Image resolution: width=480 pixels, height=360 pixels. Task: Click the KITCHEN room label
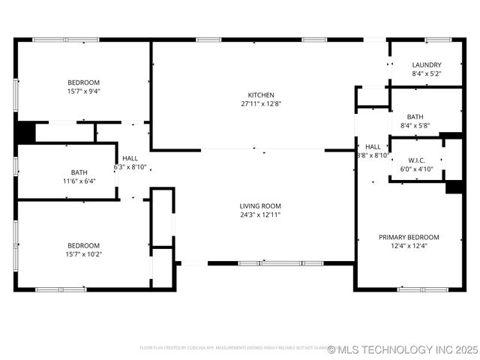point(261,95)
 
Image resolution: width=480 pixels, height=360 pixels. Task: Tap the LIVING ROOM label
point(260,205)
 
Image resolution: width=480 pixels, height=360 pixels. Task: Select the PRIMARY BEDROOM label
point(409,237)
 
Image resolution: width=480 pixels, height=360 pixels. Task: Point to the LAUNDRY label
point(426,65)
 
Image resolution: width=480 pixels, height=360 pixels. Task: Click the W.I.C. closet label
point(417,160)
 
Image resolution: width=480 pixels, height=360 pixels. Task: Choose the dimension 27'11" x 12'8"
point(261,104)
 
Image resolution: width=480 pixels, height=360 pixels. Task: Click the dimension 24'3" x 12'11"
point(260,214)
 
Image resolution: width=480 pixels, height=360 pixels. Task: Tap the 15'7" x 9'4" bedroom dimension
point(83,91)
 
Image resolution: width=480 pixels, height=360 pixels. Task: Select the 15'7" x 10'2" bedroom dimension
point(83,254)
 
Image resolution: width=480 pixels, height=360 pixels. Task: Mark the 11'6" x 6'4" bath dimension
point(79,181)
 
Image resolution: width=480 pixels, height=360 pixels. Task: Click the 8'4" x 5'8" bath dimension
point(415,126)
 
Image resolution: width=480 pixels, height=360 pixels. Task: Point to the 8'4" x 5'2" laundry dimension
point(426,74)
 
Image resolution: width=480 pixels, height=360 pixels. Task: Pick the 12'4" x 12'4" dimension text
point(409,246)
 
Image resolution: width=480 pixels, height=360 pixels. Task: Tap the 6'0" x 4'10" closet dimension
point(417,169)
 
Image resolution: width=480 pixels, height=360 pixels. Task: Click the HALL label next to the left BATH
point(130,158)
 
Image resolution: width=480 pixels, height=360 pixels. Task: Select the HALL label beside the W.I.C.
point(373,147)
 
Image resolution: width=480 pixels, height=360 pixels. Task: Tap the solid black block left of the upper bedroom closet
point(25,132)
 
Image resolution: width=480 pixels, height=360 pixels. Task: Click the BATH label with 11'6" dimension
point(79,172)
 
